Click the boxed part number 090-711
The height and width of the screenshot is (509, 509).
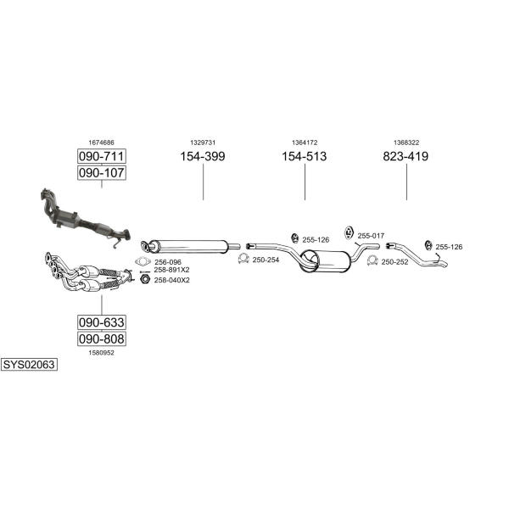pyautogui.click(x=102, y=156)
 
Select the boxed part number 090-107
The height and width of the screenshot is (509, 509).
pyautogui.click(x=102, y=173)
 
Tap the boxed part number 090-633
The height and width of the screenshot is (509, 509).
pyautogui.click(x=102, y=322)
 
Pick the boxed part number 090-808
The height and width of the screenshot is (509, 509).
pyautogui.click(x=102, y=338)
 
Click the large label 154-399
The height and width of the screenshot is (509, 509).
pyautogui.click(x=203, y=156)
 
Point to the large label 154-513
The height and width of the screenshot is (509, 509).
pyautogui.click(x=305, y=156)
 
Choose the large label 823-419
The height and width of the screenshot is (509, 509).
pyautogui.click(x=406, y=156)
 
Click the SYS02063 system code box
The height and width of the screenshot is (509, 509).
pyautogui.click(x=29, y=365)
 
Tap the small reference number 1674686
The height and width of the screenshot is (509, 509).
pyautogui.click(x=102, y=143)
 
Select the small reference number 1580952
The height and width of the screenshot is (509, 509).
pyautogui.click(x=102, y=353)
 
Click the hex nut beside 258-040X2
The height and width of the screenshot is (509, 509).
pyautogui.click(x=145, y=278)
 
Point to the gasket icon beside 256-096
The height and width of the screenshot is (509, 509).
pyautogui.click(x=143, y=261)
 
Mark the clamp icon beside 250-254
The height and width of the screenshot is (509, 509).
pyautogui.click(x=243, y=259)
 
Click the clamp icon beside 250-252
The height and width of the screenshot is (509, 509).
pyautogui.click(x=372, y=260)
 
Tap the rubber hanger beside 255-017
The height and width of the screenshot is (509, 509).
pyautogui.click(x=349, y=232)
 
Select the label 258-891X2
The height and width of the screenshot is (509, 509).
pyautogui.click(x=171, y=270)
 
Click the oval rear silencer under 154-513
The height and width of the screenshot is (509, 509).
pyautogui.click(x=326, y=261)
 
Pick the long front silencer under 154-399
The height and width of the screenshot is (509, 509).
pyautogui.click(x=188, y=247)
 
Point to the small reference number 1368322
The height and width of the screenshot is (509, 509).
pyautogui.click(x=406, y=143)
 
